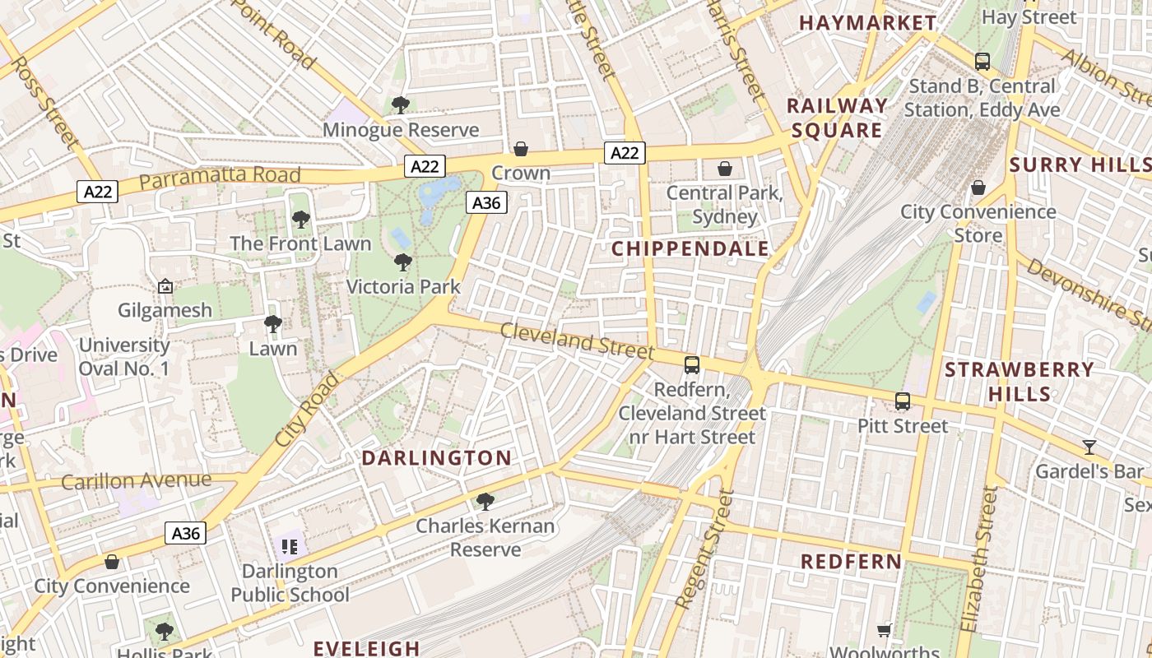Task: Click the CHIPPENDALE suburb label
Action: coord(690,249)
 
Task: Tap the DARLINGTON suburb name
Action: coord(437,458)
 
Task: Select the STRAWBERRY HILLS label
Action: coord(1019,382)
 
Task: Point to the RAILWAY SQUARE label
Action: coord(837,118)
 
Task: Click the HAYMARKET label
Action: coord(867,23)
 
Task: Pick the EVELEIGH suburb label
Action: coord(366,648)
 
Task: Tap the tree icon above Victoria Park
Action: coord(402,262)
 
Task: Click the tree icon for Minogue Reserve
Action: coord(401,105)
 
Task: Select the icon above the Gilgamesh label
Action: coord(165,286)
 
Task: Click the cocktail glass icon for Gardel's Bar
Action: coord(1089,447)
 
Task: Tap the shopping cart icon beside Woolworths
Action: coord(885,631)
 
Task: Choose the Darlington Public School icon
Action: coord(289,546)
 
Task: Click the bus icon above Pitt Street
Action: coord(903,401)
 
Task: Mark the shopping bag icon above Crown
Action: coord(521,149)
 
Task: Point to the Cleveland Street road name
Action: coord(577,341)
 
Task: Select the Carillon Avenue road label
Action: coord(136,480)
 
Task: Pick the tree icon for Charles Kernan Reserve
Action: coord(485,501)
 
